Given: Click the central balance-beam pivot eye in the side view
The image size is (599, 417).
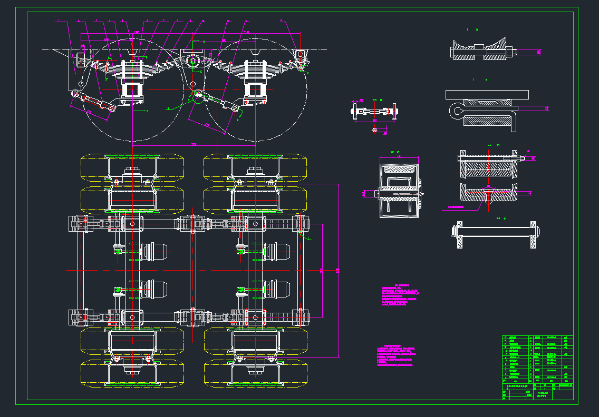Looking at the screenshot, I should (192, 61).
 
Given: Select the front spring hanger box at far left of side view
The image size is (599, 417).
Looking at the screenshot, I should (81, 59).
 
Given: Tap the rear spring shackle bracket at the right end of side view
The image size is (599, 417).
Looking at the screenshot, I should (301, 58).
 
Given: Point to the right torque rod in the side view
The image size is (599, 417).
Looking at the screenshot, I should (217, 102).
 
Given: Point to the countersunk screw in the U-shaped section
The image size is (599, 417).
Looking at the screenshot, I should (487, 195).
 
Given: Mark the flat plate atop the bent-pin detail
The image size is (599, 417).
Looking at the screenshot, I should (486, 94).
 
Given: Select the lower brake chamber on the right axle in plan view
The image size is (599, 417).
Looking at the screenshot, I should (276, 289).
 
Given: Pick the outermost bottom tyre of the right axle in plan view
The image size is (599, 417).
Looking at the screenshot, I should (255, 373).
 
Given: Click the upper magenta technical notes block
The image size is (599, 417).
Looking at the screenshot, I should (402, 296).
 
